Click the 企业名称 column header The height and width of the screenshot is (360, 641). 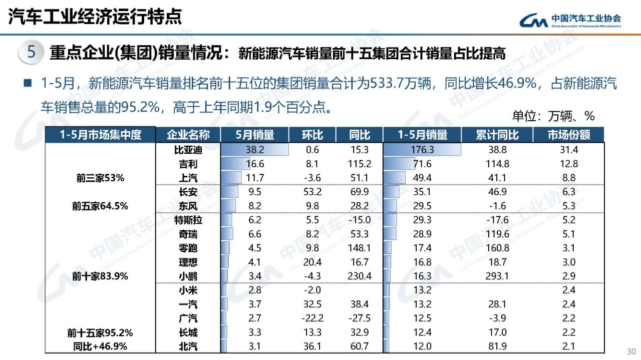point(188,135)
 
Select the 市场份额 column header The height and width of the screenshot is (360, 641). point(569,135)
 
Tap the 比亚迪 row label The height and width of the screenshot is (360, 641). point(188,150)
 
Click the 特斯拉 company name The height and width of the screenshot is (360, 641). point(188,220)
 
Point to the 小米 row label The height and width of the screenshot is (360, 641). point(188,290)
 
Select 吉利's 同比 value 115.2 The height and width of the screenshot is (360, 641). point(360,164)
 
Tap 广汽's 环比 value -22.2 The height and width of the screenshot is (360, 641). point(312,318)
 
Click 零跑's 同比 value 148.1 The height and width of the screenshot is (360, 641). point(360,248)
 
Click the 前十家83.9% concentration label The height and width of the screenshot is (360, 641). point(100,276)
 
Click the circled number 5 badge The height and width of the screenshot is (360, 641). point(31,52)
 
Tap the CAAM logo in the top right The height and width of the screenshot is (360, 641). point(570,20)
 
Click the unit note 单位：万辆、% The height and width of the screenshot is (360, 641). point(553,116)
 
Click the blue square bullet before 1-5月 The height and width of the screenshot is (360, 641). point(27,83)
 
